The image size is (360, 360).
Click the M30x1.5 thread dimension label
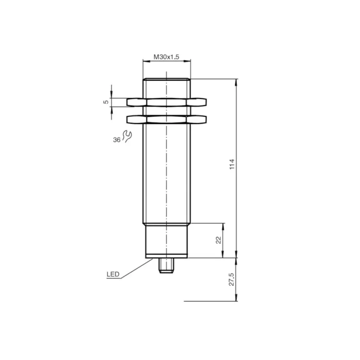click(166, 57)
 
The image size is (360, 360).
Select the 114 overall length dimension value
click(232, 164)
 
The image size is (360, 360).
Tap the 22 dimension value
click(219, 240)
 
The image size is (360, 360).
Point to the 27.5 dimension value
click(231, 279)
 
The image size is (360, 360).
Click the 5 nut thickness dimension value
click(106, 102)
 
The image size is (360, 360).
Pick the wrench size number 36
click(117, 140)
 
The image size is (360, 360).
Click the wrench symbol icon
click(127, 136)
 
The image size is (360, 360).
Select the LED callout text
click(113, 274)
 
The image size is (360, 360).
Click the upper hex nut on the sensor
click(167, 102)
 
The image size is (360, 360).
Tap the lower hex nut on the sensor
click(167, 120)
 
